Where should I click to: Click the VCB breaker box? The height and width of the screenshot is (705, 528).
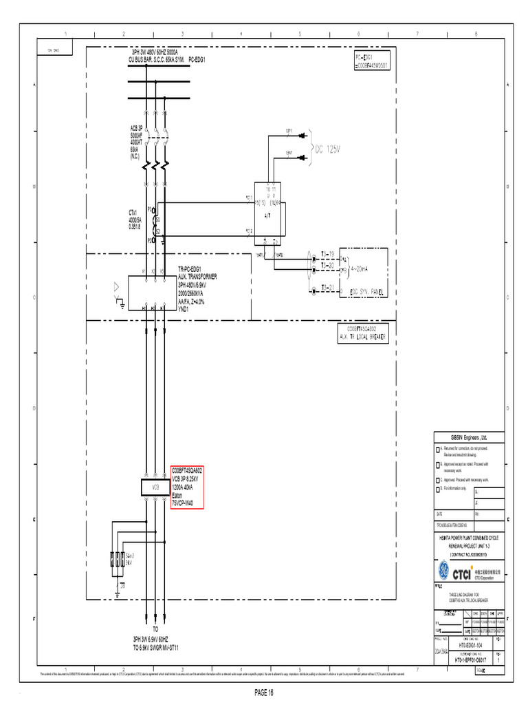point(155,487)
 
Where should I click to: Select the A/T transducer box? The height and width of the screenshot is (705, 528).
point(269,214)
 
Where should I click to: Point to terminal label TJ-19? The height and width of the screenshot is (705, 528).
point(327,254)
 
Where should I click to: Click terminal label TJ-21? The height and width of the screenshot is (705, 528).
point(327,287)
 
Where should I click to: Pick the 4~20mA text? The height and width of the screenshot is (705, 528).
point(360,270)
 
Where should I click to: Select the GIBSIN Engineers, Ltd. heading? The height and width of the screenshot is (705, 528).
point(468,437)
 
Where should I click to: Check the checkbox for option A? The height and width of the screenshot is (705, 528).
point(437,449)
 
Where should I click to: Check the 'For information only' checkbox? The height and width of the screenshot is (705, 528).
point(437,488)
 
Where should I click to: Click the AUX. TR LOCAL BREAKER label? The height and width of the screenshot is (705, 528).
point(364,337)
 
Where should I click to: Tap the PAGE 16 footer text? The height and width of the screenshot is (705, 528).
point(263,691)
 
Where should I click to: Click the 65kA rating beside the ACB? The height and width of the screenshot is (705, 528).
point(135,149)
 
